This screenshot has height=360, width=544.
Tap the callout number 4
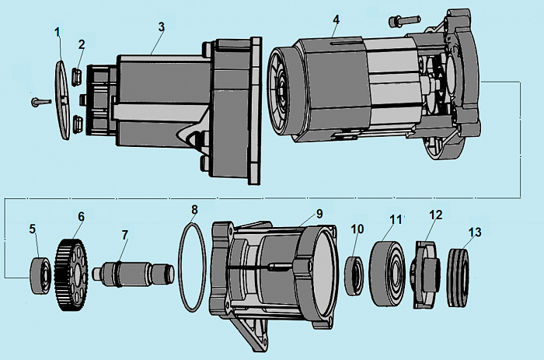pyautogui.click(x=336, y=18)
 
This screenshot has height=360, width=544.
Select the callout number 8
pyautogui.click(x=195, y=209)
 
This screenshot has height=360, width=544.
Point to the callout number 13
pyautogui.click(x=475, y=232)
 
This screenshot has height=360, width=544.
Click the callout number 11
pyautogui.click(x=396, y=220)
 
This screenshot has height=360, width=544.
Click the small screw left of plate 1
pyautogui.click(x=38, y=101)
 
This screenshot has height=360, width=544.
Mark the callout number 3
pyautogui.click(x=161, y=26)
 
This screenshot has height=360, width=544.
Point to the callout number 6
pyautogui.click(x=81, y=215)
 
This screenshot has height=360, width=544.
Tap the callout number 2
pyautogui.click(x=81, y=44)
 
